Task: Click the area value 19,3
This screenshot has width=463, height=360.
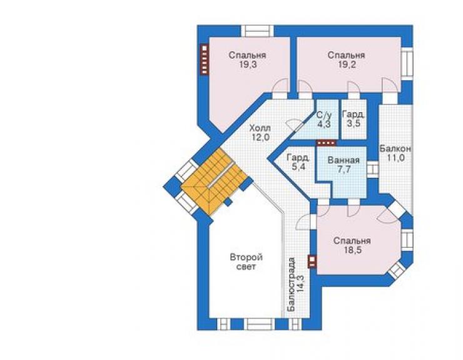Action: tap(247, 64)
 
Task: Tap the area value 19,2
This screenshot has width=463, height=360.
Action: tap(347, 64)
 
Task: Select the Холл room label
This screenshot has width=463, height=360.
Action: tap(260, 128)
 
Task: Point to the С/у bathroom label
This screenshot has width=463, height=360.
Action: tap(324, 115)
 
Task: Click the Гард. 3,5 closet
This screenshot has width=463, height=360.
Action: tap(354, 119)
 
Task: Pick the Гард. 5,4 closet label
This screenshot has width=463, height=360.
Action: tap(298, 162)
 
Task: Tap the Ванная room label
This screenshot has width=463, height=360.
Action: tap(343, 160)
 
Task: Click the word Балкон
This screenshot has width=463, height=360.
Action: tap(395, 148)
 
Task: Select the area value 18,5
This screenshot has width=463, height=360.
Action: tap(352, 250)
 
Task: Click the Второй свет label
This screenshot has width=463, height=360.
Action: tap(247, 262)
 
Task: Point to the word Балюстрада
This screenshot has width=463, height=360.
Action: tap(292, 284)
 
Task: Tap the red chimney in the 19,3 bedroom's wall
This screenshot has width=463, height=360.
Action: tap(205, 59)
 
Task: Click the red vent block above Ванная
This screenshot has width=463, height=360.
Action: tap(326, 143)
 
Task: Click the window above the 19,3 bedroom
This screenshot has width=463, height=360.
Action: tap(257, 31)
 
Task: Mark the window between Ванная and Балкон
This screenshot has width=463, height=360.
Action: tap(373, 170)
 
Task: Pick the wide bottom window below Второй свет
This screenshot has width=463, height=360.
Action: tap(261, 324)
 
